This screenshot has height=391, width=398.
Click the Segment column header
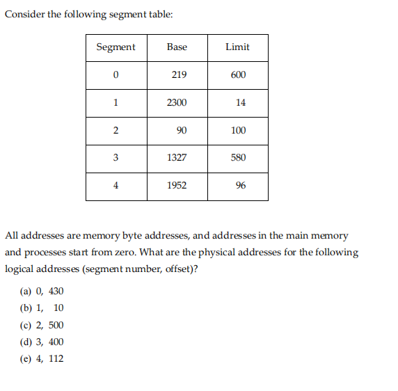tap(116, 47)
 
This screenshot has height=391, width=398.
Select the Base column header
tap(177, 47)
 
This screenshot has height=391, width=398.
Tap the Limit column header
tap(237, 47)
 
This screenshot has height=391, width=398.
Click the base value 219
tap(178, 75)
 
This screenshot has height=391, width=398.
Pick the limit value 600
tap(238, 75)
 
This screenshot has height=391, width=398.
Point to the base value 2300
tap(177, 103)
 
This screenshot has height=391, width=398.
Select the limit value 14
tap(241, 103)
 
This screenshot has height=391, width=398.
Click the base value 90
tap(182, 130)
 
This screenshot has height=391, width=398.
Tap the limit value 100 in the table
tap(238, 130)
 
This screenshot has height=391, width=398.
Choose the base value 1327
tap(177, 158)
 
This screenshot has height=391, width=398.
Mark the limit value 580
tap(238, 158)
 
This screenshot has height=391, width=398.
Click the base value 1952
tap(177, 186)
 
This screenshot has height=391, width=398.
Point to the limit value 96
tap(241, 186)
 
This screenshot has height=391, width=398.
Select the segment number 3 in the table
tap(116, 158)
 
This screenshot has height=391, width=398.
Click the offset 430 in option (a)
tap(56, 291)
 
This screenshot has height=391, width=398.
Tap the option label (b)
tap(26, 308)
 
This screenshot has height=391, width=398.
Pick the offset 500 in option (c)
tap(56, 325)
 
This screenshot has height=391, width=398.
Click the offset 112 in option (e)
tap(56, 358)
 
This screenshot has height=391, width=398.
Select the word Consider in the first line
tap(24, 15)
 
